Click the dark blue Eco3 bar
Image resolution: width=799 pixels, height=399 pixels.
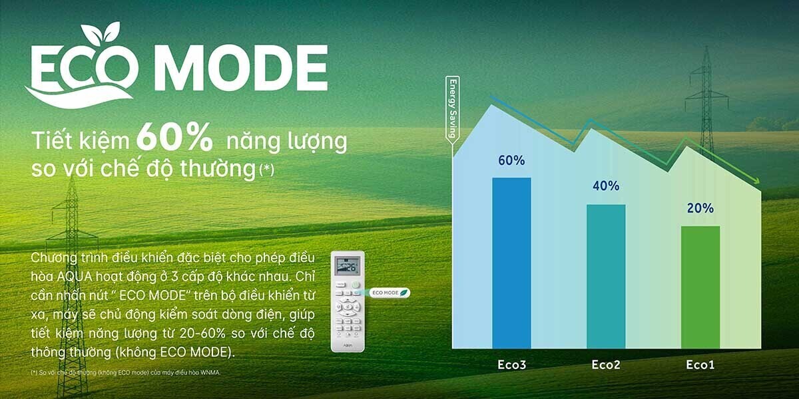coord(511,263)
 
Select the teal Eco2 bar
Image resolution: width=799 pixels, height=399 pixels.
coord(606,276)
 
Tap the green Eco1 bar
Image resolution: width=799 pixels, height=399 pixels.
coord(700,287)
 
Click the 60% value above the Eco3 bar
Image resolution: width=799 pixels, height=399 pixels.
coord(511,160)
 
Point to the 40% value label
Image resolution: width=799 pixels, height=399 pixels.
coord(606,186)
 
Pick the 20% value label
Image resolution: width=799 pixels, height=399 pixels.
coord(700,208)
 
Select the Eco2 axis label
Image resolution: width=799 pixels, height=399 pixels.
coord(606,365)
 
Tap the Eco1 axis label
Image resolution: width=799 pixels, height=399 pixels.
coord(700,365)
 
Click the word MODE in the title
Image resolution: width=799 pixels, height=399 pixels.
coord(245,68)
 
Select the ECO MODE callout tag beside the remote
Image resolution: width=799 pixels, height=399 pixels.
coord(390,292)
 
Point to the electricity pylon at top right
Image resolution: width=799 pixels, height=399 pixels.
coord(706,100)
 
